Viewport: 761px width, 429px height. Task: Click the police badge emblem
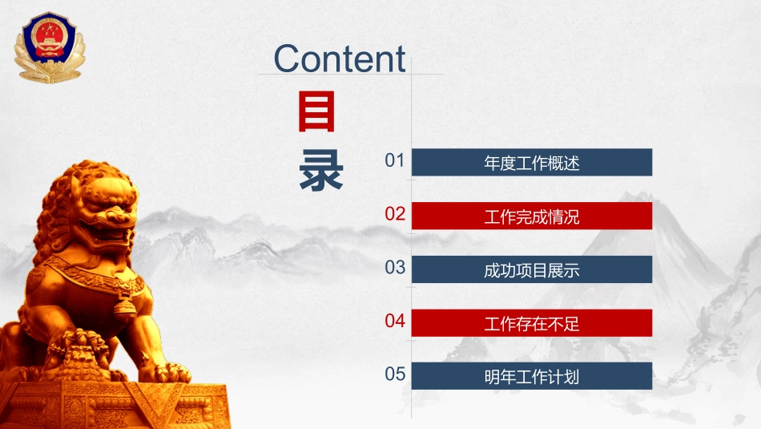tap(47, 47)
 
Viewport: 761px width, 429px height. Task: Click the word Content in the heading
tap(340, 59)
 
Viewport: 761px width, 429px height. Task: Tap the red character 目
tap(317, 112)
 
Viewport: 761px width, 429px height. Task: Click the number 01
tap(395, 160)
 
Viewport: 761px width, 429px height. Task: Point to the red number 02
tap(395, 214)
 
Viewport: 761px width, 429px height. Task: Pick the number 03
tap(395, 268)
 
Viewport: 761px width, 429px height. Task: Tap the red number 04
tap(395, 322)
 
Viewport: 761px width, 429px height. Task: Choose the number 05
tap(395, 374)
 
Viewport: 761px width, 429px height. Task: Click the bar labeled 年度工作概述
tap(531, 163)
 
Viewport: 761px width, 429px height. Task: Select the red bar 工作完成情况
tap(531, 217)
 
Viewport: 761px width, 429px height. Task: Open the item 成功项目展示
tap(531, 270)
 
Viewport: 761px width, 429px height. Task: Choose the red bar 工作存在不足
tap(531, 324)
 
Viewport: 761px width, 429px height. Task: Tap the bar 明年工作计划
tap(531, 377)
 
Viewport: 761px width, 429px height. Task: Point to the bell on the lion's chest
tap(123, 306)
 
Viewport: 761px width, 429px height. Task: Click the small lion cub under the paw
tap(80, 353)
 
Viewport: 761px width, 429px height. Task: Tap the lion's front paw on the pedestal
tap(170, 372)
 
